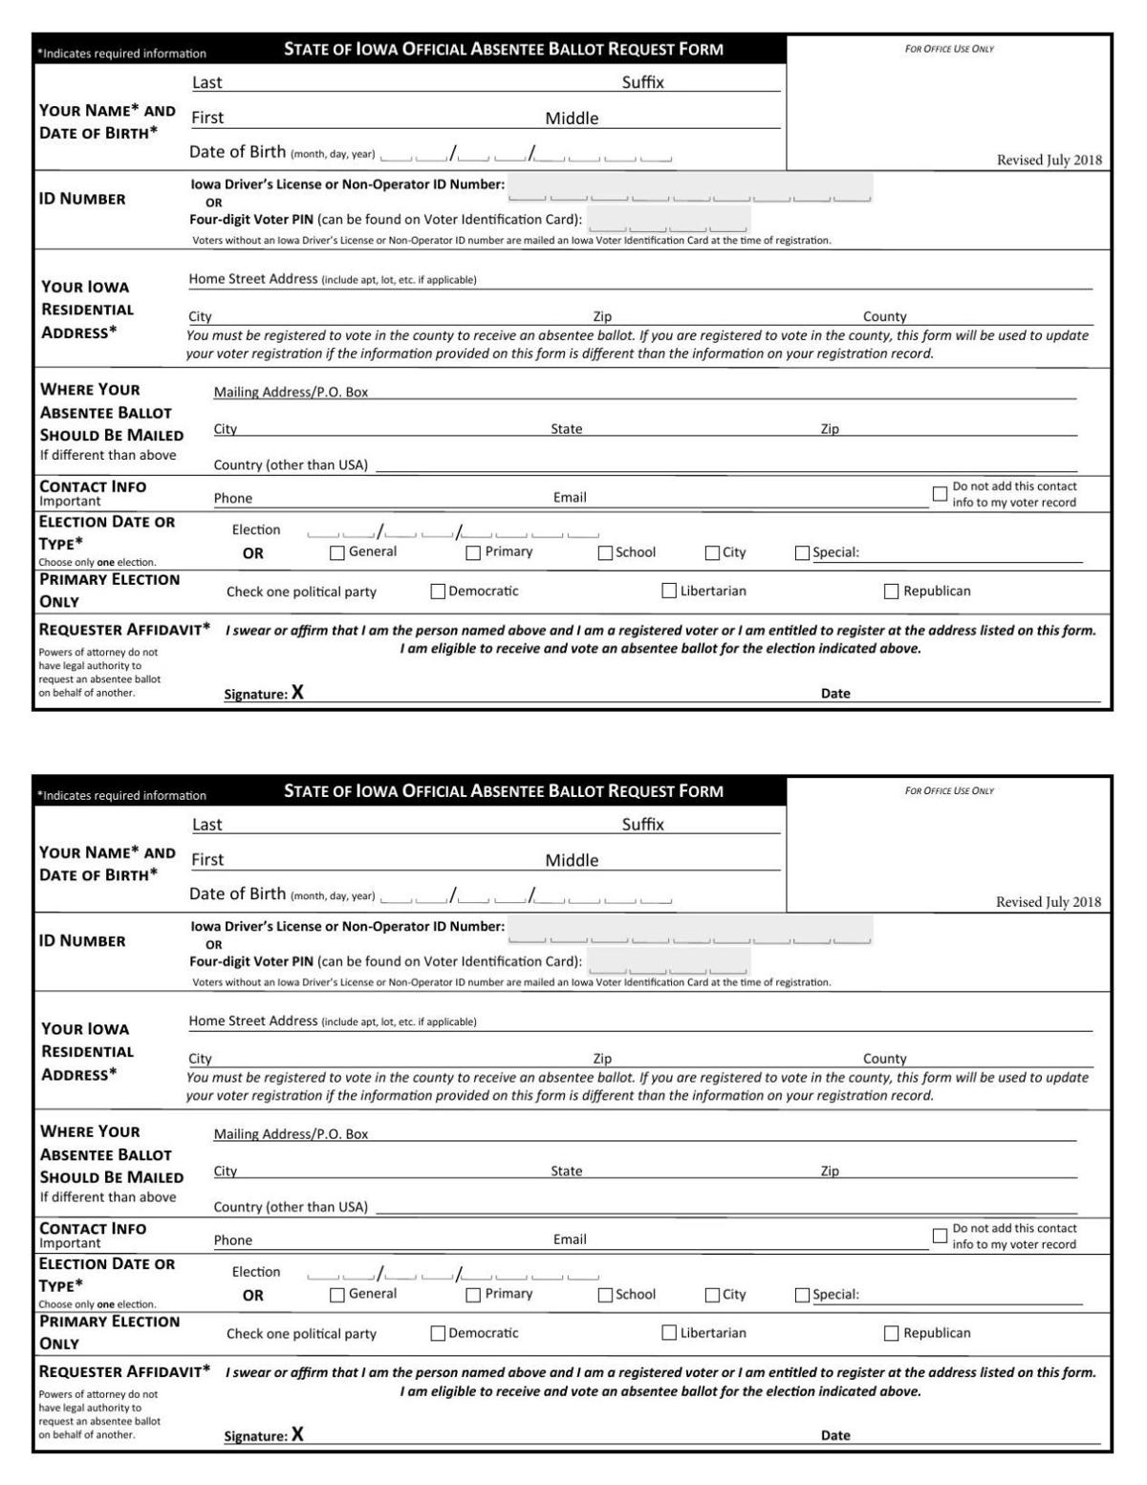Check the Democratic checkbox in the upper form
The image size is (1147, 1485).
click(x=439, y=592)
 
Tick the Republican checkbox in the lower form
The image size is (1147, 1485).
click(x=892, y=1333)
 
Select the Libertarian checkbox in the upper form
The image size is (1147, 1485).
click(x=669, y=592)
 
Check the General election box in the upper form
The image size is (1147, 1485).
click(x=337, y=552)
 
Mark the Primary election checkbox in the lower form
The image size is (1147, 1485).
click(x=473, y=1295)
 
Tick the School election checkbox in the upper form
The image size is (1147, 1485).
click(x=605, y=552)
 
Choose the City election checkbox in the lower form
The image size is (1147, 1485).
click(x=712, y=1295)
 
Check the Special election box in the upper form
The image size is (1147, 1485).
click(x=803, y=552)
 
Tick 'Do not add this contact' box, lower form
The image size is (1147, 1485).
click(x=940, y=1236)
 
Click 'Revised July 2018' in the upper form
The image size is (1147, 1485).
click(x=1049, y=161)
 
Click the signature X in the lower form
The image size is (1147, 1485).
click(x=297, y=1434)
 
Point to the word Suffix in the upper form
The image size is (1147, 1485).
click(x=642, y=83)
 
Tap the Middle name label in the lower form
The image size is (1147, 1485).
click(x=572, y=860)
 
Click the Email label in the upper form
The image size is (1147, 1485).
click(x=570, y=497)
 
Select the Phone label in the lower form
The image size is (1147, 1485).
click(x=233, y=1240)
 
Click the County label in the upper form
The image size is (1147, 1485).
click(x=884, y=316)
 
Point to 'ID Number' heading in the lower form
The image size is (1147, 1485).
click(x=83, y=941)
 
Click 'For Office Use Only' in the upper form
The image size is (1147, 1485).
click(x=949, y=49)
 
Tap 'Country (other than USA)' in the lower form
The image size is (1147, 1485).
click(x=291, y=1207)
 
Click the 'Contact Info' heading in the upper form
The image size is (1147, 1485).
click(x=94, y=486)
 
